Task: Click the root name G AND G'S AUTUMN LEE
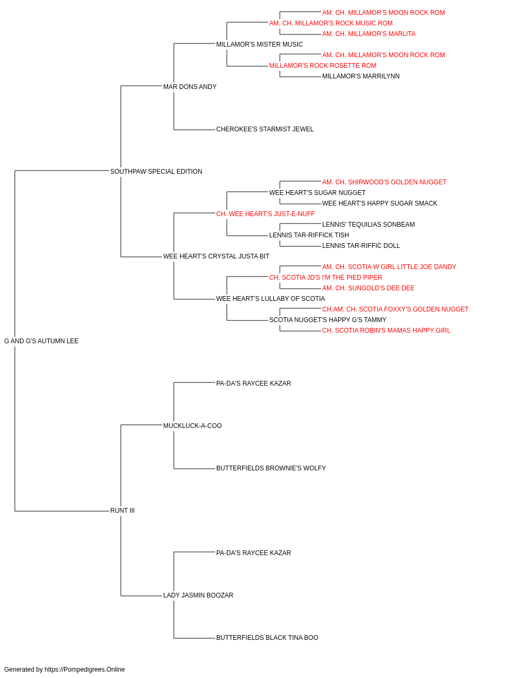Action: click(x=41, y=341)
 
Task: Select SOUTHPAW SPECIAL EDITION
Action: click(x=156, y=172)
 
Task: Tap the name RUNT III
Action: click(x=122, y=511)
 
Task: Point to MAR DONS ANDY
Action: click(x=190, y=87)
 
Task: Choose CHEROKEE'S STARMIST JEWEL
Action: click(x=264, y=129)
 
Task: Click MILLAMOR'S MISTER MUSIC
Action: click(x=259, y=44)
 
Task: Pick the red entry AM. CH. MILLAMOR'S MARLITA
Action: click(x=369, y=34)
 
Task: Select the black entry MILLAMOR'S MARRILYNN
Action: click(x=361, y=76)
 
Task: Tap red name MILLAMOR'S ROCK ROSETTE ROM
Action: click(x=323, y=66)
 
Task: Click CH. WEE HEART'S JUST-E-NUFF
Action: click(x=266, y=214)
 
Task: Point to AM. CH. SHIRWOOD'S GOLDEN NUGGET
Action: click(x=384, y=182)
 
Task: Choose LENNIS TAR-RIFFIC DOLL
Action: click(x=361, y=246)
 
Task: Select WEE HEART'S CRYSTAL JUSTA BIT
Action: click(x=216, y=256)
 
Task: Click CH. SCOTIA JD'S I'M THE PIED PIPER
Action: click(x=325, y=278)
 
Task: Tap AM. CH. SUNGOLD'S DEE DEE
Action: click(x=368, y=288)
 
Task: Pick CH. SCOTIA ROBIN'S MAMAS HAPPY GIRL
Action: click(x=386, y=331)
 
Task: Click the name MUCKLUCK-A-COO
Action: click(x=192, y=426)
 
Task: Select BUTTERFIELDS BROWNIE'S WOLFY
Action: click(x=271, y=468)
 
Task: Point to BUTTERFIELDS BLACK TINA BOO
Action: click(x=267, y=638)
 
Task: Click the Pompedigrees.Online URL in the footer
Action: click(x=85, y=670)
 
